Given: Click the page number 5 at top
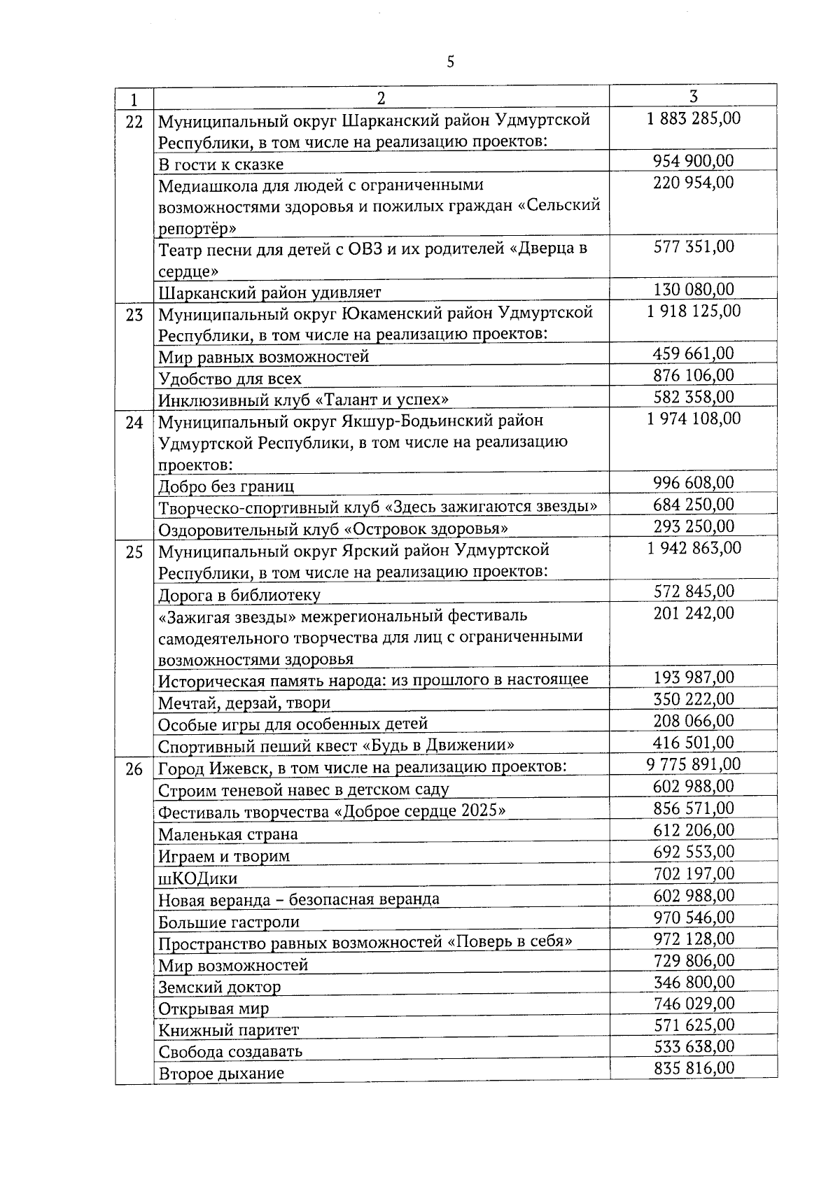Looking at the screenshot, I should pyautogui.click(x=450, y=62).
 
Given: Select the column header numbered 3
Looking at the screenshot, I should pyautogui.click(x=693, y=97).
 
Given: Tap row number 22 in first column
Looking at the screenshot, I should pyautogui.click(x=134, y=122).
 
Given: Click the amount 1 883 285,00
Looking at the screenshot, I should pyautogui.click(x=694, y=118).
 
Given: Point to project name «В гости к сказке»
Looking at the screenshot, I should pyautogui.click(x=220, y=164).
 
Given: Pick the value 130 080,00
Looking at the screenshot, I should pyautogui.click(x=694, y=290).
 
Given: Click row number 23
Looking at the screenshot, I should pyautogui.click(x=134, y=315).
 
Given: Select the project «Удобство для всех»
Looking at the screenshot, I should pyautogui.click(x=230, y=379).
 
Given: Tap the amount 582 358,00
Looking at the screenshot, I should pyautogui.click(x=694, y=398).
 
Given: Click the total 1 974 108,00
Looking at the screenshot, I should pyautogui.click(x=694, y=419).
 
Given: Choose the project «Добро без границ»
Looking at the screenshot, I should pyautogui.click(x=226, y=486).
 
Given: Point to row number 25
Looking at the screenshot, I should pyautogui.click(x=134, y=553).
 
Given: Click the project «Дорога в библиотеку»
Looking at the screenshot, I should pyautogui.click(x=239, y=595).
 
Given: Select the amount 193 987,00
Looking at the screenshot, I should pyautogui.click(x=694, y=677).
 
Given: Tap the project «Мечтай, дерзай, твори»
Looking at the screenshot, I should pyautogui.click(x=244, y=703).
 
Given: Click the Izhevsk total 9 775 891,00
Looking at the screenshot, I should pyautogui.click(x=694, y=764).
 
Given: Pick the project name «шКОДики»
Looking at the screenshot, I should pyautogui.click(x=198, y=878).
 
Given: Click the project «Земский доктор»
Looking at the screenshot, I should pyautogui.click(x=219, y=988).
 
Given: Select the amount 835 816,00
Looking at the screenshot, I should pyautogui.click(x=694, y=1068).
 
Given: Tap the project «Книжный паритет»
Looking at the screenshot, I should pyautogui.click(x=228, y=1030).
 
